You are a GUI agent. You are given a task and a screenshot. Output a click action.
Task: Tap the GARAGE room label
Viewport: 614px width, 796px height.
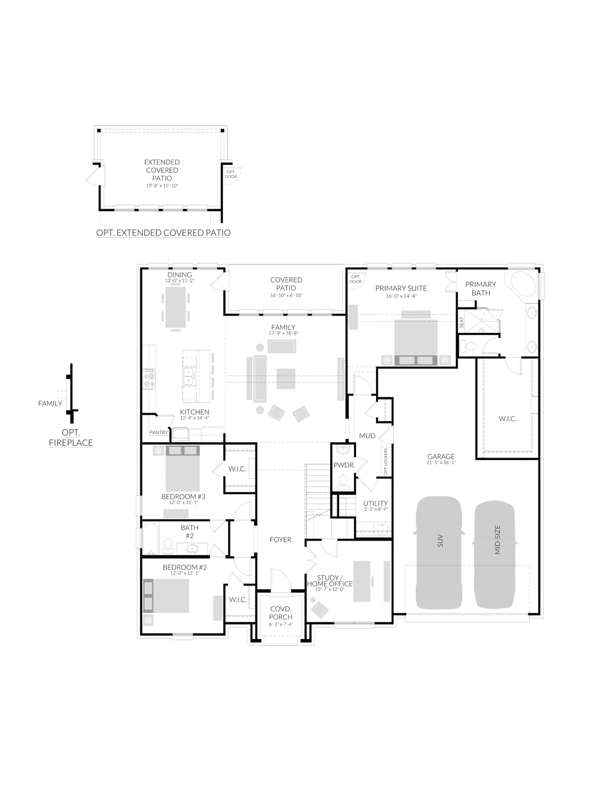pyautogui.click(x=441, y=457)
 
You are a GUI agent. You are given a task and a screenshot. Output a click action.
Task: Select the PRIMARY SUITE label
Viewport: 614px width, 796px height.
pyautogui.click(x=401, y=288)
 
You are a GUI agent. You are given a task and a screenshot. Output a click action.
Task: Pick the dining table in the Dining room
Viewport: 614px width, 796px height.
pyautogui.click(x=176, y=307)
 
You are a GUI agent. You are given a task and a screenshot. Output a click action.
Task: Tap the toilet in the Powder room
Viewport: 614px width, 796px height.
pyautogui.click(x=343, y=482)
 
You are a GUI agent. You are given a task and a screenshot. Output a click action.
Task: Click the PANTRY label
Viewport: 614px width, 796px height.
pyautogui.click(x=158, y=432)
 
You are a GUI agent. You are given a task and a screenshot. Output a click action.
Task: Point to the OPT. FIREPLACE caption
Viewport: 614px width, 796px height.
pyautogui.click(x=71, y=438)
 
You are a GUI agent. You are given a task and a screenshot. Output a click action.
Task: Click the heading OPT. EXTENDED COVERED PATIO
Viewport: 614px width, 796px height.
pyautogui.click(x=163, y=233)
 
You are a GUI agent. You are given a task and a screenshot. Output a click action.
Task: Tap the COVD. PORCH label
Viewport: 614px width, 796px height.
pyautogui.click(x=281, y=612)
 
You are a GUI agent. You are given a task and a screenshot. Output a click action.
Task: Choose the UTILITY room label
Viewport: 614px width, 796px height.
pyautogui.click(x=375, y=503)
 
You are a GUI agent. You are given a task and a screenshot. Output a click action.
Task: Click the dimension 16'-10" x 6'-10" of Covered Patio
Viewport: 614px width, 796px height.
pyautogui.click(x=286, y=295)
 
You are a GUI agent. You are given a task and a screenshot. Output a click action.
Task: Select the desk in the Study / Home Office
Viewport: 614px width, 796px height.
pyautogui.click(x=362, y=581)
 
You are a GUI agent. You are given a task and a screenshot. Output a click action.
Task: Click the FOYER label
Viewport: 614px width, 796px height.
pyautogui.click(x=280, y=540)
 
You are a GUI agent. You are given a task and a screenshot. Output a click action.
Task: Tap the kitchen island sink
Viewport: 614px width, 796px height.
pyautogui.click(x=189, y=376)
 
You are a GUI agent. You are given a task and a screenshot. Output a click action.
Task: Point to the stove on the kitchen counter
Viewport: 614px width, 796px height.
pyautogui.click(x=149, y=379)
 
